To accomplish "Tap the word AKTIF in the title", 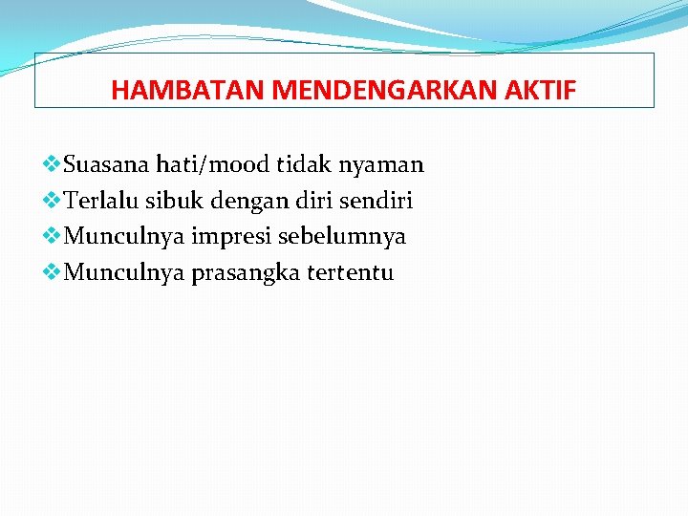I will click(548, 91).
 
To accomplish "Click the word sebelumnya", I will click(341, 237).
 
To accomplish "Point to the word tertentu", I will click(351, 273).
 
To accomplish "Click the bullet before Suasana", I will click(53, 164).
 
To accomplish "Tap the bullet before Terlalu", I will click(53, 201).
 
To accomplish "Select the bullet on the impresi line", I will click(53, 236).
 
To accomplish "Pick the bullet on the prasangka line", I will click(53, 272).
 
